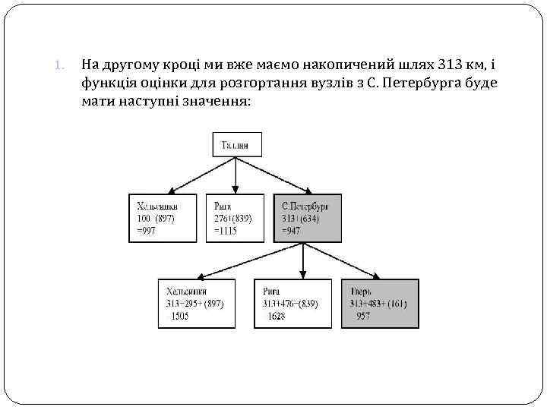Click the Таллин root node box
[x=236, y=144]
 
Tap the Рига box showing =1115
[x=233, y=218]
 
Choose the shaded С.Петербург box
[x=307, y=218]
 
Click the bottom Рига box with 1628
[x=293, y=304]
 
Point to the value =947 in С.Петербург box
[x=291, y=230]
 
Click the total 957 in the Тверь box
[x=363, y=316]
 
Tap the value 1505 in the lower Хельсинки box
[x=180, y=316]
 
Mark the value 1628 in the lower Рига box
[x=277, y=316]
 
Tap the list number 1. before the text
[x=63, y=65]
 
